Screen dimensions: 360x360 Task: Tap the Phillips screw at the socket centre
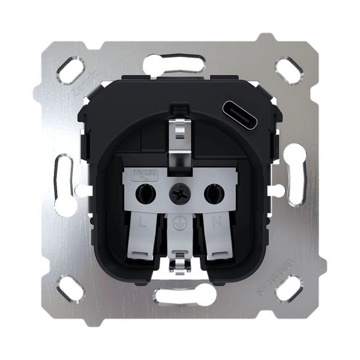(179, 193)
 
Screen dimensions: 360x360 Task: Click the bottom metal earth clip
(179, 264)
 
